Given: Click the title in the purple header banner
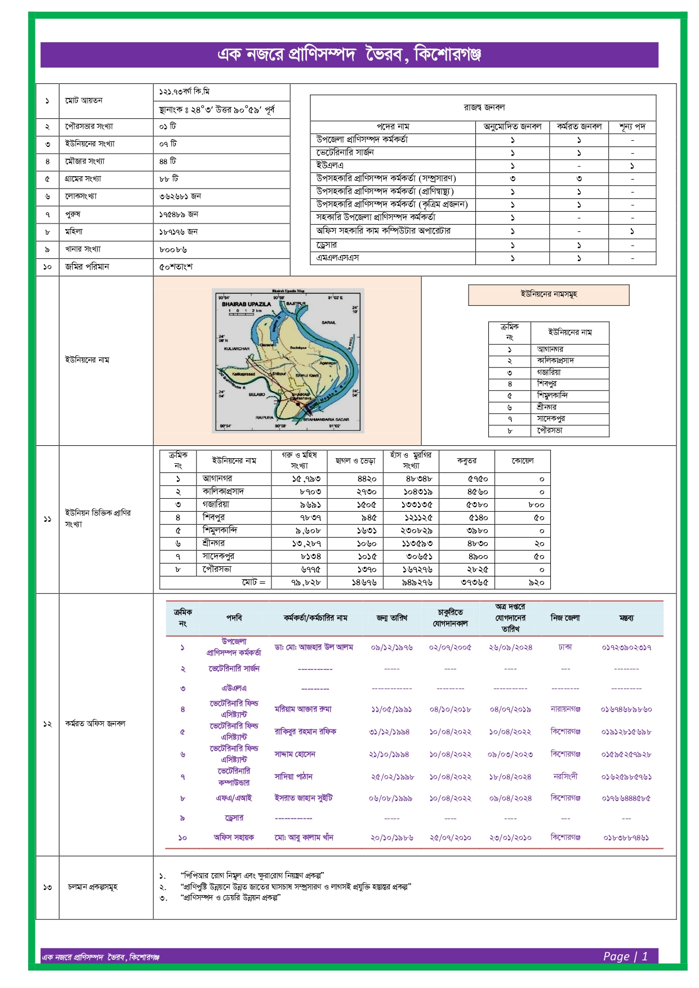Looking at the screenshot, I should (349, 55).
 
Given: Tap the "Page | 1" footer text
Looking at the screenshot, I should (625, 956).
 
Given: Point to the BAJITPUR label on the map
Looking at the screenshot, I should (296, 303).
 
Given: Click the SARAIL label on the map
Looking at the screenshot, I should (328, 323).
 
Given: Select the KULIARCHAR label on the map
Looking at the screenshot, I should (237, 348).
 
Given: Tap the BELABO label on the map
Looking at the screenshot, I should (257, 394).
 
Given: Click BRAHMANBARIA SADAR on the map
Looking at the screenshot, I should (326, 419).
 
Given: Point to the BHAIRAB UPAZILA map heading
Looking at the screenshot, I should (246, 304).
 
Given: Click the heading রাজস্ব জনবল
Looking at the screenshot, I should (484, 107).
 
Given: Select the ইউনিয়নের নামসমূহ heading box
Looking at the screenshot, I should (549, 294).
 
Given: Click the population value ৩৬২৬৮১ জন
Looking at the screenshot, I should (180, 196).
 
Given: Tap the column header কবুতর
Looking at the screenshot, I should (466, 461).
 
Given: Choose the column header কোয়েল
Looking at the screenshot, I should (522, 461).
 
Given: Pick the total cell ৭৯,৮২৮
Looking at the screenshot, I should (306, 583).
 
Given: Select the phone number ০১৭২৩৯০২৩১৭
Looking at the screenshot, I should (626, 647).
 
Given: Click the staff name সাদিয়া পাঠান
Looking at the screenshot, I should (293, 776).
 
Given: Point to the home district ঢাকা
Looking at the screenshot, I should (565, 647).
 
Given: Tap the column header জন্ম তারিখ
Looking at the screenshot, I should (391, 618).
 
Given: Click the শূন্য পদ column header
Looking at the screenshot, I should (632, 127).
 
